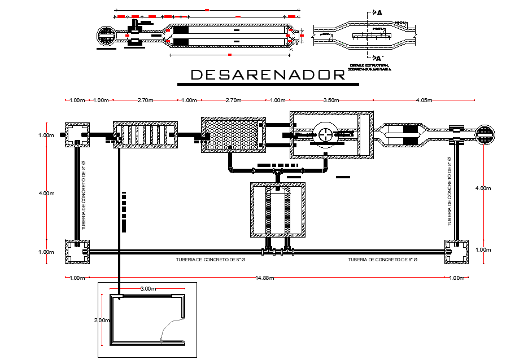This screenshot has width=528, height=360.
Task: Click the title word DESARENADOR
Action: (x=267, y=74)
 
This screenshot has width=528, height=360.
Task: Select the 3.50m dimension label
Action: (x=331, y=100)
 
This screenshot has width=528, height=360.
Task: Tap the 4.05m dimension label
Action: (x=424, y=100)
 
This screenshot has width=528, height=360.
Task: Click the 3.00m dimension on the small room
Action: (x=147, y=288)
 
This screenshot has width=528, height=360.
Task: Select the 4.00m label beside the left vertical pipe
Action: (x=46, y=194)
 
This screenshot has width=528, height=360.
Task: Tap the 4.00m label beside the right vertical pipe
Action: (x=484, y=188)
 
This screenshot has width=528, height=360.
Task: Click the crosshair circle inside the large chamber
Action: (x=326, y=134)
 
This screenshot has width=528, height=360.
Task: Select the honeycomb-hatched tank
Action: (x=233, y=135)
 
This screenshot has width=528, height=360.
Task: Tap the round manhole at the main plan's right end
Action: (x=485, y=134)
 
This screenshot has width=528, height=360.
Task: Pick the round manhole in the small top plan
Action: (x=106, y=36)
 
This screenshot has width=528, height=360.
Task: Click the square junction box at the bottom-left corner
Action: (x=77, y=252)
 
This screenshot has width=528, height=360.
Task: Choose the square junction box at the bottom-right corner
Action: (x=457, y=252)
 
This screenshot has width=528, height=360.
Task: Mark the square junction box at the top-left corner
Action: (x=77, y=134)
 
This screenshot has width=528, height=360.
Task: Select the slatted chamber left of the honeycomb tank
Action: (x=146, y=134)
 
